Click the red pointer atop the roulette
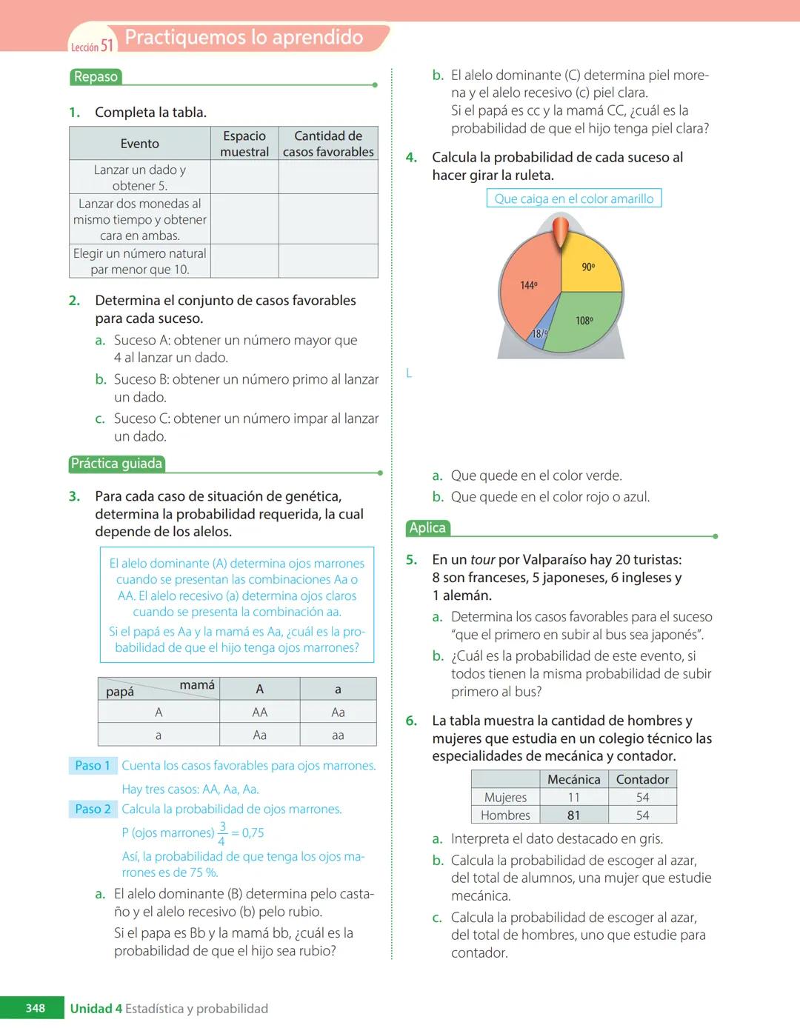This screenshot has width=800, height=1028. point(561,231)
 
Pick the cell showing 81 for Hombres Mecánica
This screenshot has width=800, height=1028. point(573,815)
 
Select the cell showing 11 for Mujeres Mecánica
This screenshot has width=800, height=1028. point(573,798)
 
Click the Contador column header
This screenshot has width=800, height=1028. point(642,779)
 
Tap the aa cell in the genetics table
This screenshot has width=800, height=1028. point(338,735)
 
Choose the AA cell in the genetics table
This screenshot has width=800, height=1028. point(259,712)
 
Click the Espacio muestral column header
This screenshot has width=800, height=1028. point(244,144)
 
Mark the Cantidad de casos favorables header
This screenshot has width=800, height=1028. point(328,144)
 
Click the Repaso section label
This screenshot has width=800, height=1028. point(96,77)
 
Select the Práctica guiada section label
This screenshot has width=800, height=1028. point(116,464)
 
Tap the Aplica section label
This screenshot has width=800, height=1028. point(427,528)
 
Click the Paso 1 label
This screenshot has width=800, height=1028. point(93,766)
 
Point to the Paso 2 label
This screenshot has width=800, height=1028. point(93,810)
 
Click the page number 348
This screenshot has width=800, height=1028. point(35,1008)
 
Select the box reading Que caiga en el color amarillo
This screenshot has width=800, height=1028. point(573,198)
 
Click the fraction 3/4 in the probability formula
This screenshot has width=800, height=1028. point(222,833)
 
